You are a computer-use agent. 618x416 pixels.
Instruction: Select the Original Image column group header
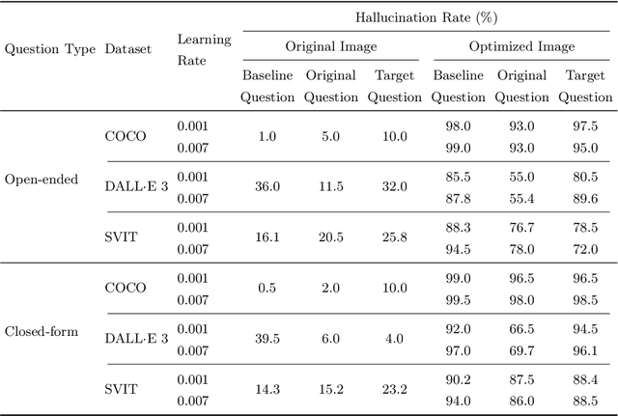click(330, 46)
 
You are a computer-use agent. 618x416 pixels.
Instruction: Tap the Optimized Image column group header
click(521, 46)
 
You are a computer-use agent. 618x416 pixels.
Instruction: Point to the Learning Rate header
click(204, 48)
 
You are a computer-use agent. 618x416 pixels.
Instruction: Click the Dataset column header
click(127, 48)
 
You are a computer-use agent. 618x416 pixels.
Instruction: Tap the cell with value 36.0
click(267, 186)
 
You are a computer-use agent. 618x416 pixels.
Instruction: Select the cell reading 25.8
click(394, 236)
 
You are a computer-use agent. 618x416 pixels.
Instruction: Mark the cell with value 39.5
click(267, 340)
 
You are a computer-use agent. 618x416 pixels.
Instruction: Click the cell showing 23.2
click(394, 389)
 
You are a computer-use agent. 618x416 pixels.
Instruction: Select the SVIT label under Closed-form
click(121, 389)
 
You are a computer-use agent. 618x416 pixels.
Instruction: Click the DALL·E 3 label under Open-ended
click(135, 186)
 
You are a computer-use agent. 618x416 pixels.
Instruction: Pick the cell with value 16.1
click(267, 236)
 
